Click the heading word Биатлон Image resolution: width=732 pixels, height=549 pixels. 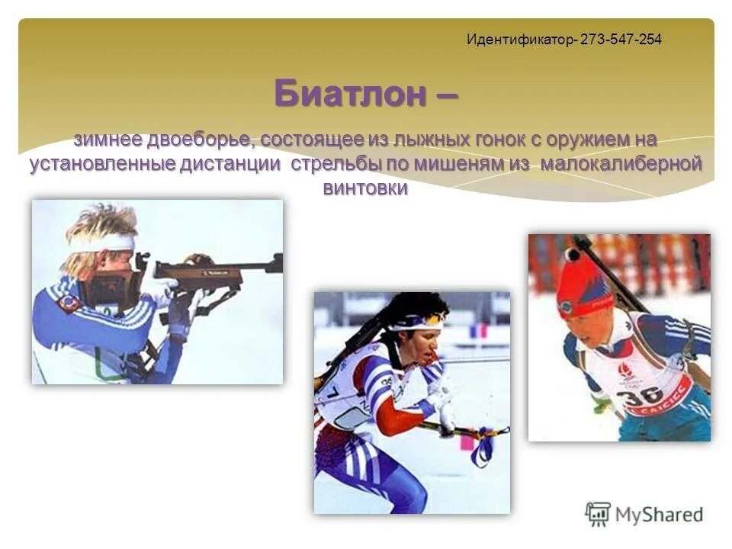pos(350,94)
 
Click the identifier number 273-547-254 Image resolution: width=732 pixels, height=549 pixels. pos(621,39)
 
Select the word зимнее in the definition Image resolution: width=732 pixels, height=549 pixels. pos(109,140)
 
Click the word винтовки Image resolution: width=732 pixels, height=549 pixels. pos(365,188)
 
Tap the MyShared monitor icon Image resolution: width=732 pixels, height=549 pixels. pos(598,514)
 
